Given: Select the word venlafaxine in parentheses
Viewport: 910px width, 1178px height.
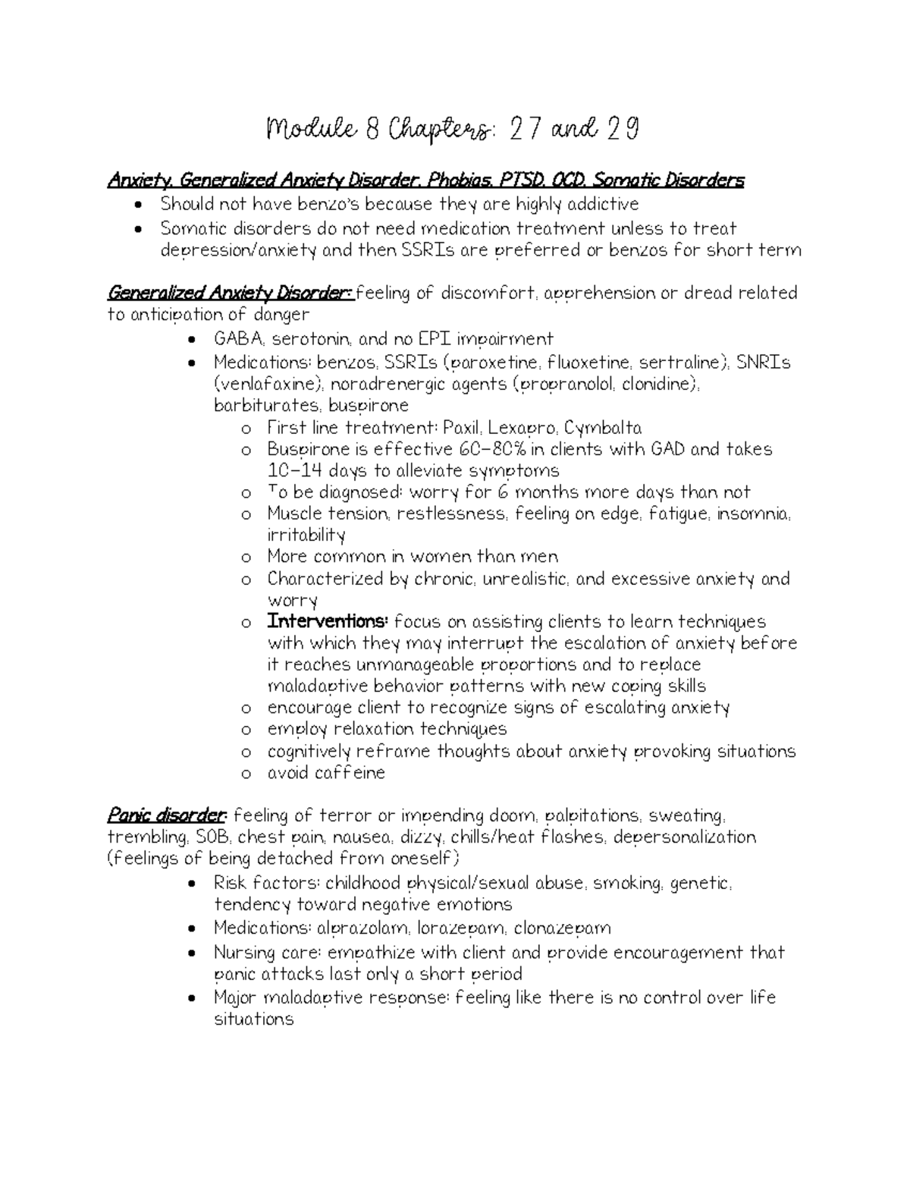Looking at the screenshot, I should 262,384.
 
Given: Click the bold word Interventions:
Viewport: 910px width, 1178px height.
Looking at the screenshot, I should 328,622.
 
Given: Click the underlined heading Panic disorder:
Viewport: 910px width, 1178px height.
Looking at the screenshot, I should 167,816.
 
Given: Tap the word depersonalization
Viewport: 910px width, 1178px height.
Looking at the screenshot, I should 684,837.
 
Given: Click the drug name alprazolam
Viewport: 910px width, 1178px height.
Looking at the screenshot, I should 360,928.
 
